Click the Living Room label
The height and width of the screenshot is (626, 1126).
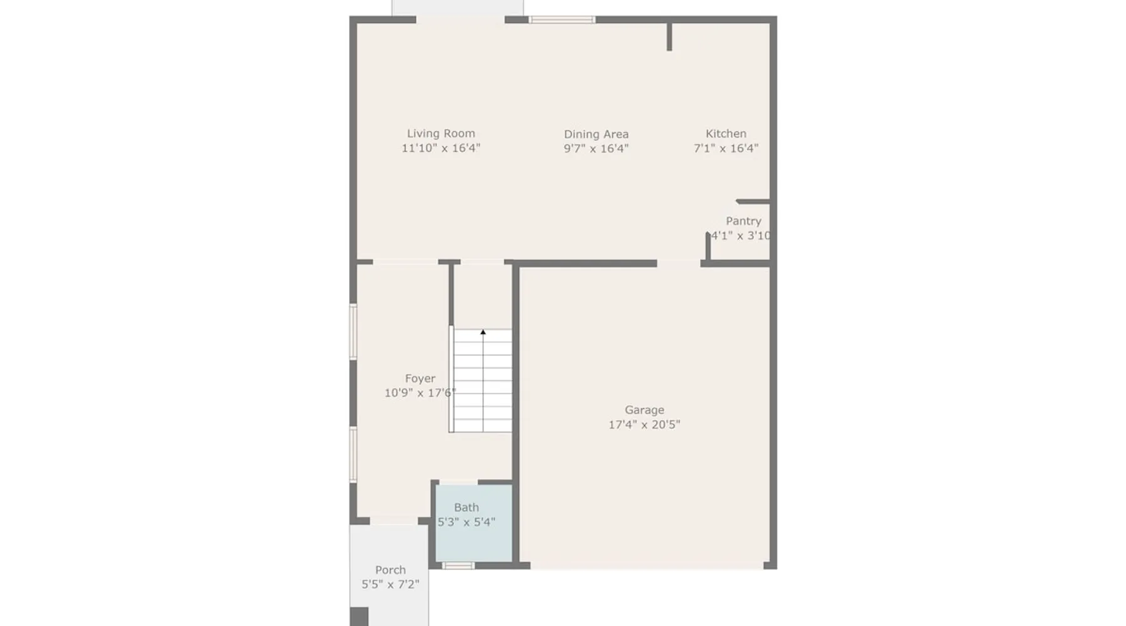pyautogui.click(x=441, y=133)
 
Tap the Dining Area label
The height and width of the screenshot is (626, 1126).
pyautogui.click(x=596, y=134)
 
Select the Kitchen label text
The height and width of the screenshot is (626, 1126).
pyautogui.click(x=726, y=133)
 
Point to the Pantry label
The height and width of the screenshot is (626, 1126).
pyautogui.click(x=743, y=221)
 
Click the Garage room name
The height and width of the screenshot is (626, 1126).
pyautogui.click(x=644, y=410)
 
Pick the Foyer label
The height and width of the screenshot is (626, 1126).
pyautogui.click(x=420, y=379)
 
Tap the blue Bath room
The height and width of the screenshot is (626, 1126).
pyautogui.click(x=474, y=523)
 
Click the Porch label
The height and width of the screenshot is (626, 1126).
pyautogui.click(x=390, y=570)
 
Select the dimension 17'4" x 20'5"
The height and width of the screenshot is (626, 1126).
pyautogui.click(x=644, y=424)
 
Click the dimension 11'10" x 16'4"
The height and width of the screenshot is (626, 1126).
pyautogui.click(x=441, y=148)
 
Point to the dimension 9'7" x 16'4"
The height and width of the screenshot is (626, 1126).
pyautogui.click(x=596, y=148)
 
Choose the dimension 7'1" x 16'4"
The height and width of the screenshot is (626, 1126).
pyautogui.click(x=726, y=148)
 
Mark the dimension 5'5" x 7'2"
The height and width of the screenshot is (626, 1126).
pyautogui.click(x=390, y=585)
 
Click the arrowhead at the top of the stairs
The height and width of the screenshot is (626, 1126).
pyautogui.click(x=483, y=332)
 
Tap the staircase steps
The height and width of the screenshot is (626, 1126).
pyautogui.click(x=482, y=381)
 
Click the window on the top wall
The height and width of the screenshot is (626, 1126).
pyautogui.click(x=562, y=20)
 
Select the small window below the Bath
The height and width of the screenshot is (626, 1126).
pyautogui.click(x=458, y=566)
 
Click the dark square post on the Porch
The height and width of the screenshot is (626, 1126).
pyautogui.click(x=359, y=617)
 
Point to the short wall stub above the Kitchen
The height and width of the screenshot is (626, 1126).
pyautogui.click(x=669, y=37)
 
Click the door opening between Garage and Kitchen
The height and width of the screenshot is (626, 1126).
pyautogui.click(x=679, y=264)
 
